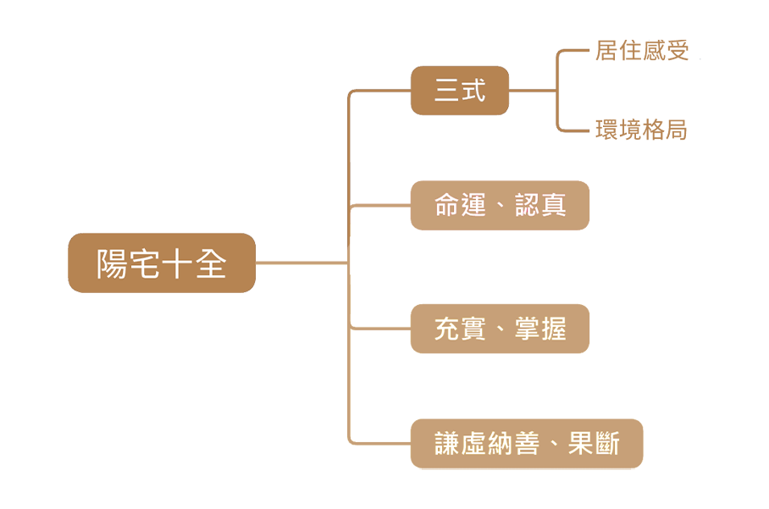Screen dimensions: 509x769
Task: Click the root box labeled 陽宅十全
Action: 161,263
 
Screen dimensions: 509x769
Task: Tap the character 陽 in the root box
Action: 111,264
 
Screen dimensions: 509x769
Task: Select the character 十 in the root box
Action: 178,264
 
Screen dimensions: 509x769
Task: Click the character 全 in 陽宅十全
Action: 212,264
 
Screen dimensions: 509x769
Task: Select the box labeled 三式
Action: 459,91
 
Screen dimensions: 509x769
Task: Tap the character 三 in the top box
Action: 446,91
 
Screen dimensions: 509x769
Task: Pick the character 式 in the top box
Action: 473,91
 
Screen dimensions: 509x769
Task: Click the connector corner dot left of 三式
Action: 351,94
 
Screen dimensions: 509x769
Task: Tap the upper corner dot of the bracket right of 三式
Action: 561,53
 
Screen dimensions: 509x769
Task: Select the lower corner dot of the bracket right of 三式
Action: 561,128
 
